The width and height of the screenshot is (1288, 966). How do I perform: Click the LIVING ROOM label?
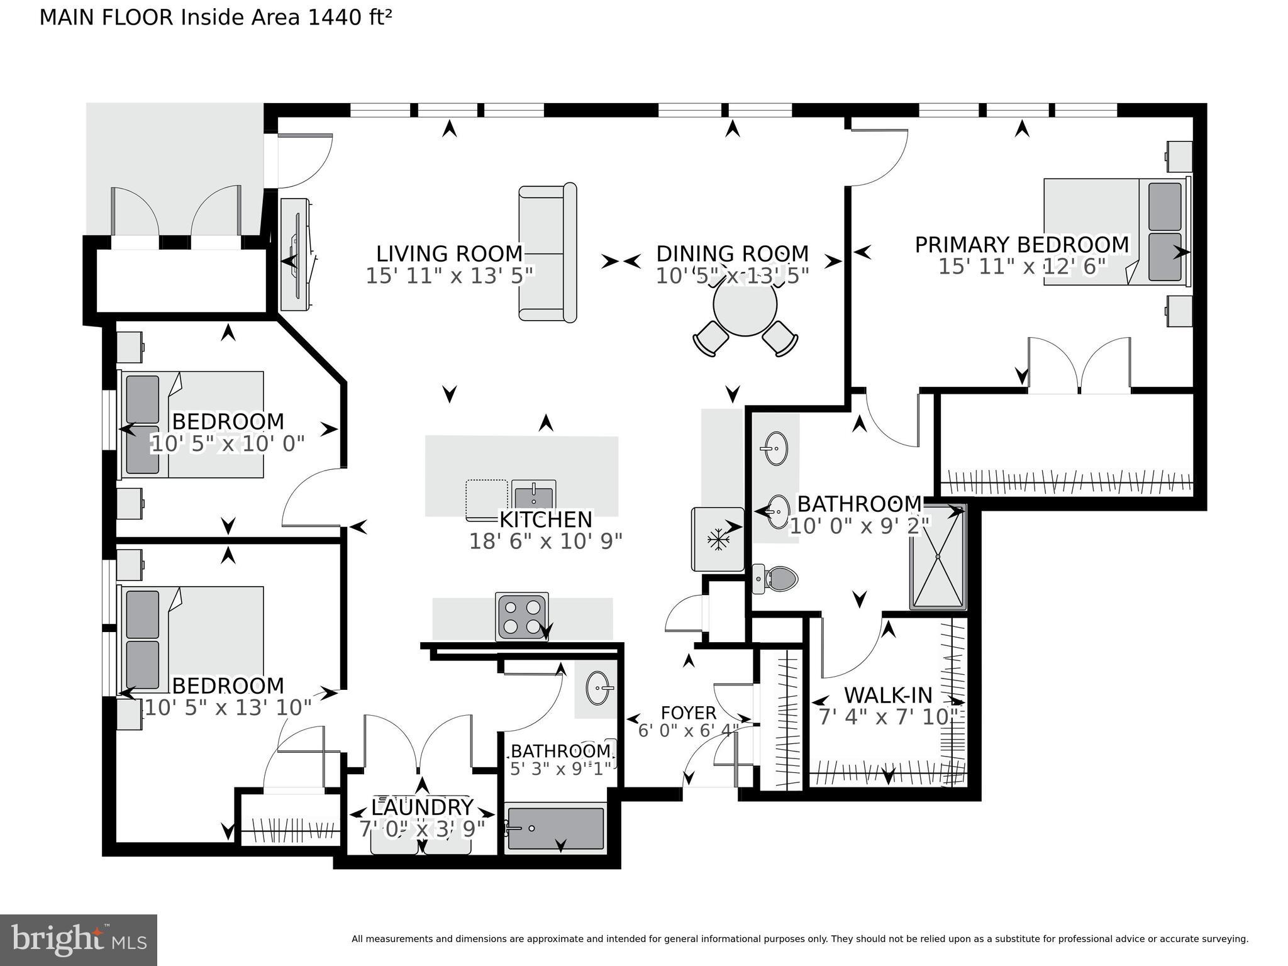[449, 253]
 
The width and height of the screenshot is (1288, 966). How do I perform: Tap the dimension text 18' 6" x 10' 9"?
[545, 541]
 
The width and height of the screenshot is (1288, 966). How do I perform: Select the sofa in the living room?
[547, 253]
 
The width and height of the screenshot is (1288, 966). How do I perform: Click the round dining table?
[745, 306]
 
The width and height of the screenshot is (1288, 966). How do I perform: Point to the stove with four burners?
[521, 616]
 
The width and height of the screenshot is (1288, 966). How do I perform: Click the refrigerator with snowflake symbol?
[717, 539]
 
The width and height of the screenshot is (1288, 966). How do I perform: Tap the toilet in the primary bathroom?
[777, 578]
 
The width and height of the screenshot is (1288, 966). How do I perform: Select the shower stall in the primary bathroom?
[937, 557]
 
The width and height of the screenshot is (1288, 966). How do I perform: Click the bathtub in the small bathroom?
[555, 828]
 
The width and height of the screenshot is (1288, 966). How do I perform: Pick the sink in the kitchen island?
[533, 496]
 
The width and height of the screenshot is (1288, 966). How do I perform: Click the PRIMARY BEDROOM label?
[1021, 245]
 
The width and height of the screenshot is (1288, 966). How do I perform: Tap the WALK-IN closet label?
[887, 695]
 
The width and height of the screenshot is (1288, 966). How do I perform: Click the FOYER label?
[688, 713]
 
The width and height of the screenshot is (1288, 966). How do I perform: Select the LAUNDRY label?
[421, 807]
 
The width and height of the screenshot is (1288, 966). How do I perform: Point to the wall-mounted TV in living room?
[296, 254]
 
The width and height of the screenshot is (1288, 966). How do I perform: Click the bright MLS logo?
[79, 940]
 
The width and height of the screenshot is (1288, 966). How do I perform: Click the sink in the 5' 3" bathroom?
[598, 688]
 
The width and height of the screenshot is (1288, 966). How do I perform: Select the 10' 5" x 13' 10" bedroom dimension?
[228, 708]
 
